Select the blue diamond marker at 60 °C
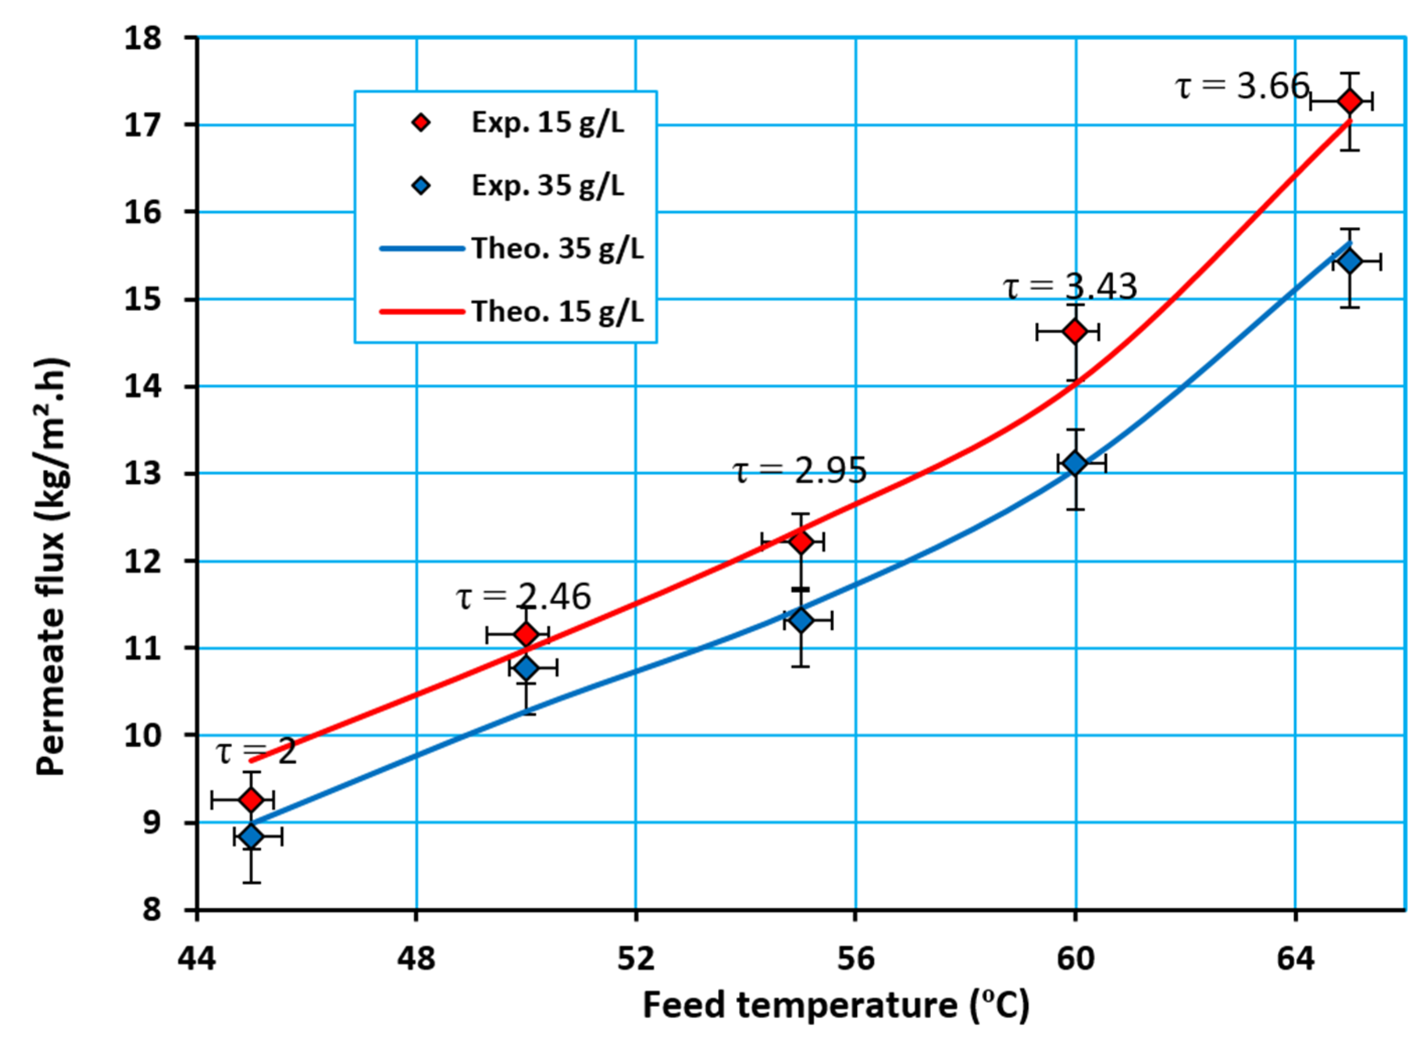(x=1075, y=463)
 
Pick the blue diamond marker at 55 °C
(x=801, y=620)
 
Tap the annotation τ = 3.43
(x=1070, y=286)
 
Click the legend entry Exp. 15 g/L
(x=547, y=123)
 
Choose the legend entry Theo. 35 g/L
(x=557, y=249)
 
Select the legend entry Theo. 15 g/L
(x=557, y=311)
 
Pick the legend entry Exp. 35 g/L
(x=547, y=186)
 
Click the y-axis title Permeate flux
(x=52, y=567)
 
